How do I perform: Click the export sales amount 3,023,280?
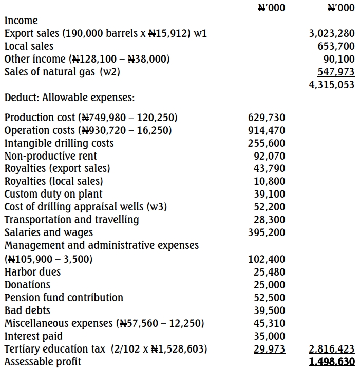(332, 34)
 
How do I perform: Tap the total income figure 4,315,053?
(332, 85)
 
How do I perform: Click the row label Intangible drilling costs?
(59, 143)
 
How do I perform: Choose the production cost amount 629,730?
(267, 118)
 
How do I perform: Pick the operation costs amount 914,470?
(267, 131)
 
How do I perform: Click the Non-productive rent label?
(51, 156)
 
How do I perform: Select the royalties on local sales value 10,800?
(270, 182)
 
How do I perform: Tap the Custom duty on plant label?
(53, 195)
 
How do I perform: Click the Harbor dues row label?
(32, 272)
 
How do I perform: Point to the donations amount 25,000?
(270, 285)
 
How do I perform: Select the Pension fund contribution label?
(64, 298)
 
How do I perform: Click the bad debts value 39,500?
(270, 310)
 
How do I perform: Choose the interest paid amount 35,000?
(270, 337)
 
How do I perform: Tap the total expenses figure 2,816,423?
(332, 349)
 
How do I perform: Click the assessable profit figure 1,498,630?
(332, 362)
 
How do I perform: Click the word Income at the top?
(21, 21)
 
